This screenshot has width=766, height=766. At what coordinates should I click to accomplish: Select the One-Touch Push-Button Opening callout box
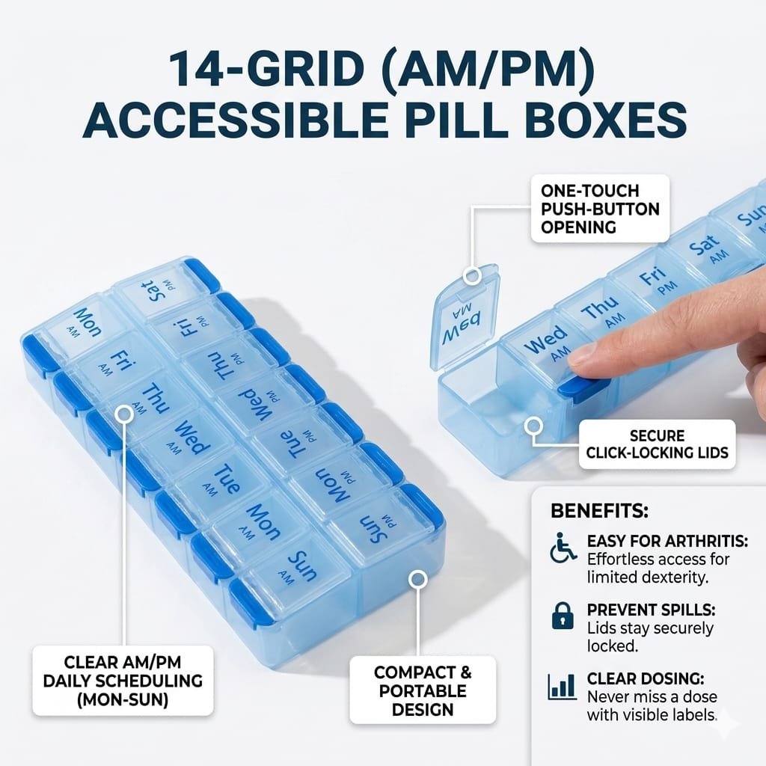pyautogui.click(x=600, y=209)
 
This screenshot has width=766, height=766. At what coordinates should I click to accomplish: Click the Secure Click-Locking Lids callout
pyautogui.click(x=657, y=444)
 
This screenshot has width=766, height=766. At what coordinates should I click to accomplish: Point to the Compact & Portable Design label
pyautogui.click(x=423, y=690)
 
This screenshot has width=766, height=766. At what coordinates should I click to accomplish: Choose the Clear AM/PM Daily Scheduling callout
pyautogui.click(x=123, y=681)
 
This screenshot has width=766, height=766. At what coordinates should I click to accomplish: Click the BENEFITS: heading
pyautogui.click(x=599, y=511)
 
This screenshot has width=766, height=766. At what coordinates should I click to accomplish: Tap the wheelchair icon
pyautogui.click(x=563, y=548)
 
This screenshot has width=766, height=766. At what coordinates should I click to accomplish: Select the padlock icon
pyautogui.click(x=563, y=616)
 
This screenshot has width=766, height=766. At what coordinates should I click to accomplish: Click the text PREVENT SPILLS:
pyautogui.click(x=652, y=610)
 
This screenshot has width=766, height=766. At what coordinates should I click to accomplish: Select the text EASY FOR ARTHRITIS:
pyautogui.click(x=667, y=542)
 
